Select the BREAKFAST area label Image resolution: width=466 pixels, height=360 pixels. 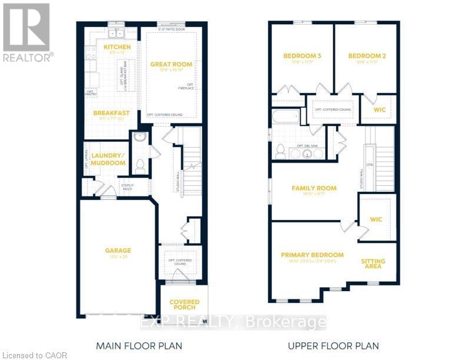tap(111, 113)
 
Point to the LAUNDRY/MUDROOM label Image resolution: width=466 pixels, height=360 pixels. tap(109, 159)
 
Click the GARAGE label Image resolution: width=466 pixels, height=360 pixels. tap(118, 250)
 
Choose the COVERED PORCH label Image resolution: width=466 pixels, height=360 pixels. tap(184, 305)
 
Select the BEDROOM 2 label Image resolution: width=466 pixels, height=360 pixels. tap(367, 56)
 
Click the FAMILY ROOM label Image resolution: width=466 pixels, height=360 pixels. tap(314, 188)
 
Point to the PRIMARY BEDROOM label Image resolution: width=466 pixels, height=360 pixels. tap(312, 255)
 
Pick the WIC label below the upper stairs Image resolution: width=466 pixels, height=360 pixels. tap(377, 219)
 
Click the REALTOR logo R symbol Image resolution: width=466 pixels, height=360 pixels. tap(26, 26)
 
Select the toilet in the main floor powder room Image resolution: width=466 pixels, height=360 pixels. tap(140, 166)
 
